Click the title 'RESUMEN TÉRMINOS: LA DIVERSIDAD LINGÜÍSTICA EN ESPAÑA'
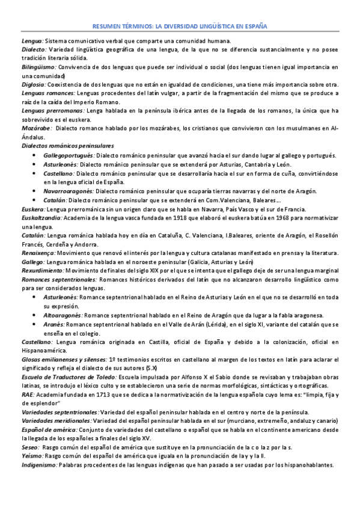click(180, 27)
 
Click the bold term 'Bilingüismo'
click(38, 67)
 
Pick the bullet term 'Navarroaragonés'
click(69, 191)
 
